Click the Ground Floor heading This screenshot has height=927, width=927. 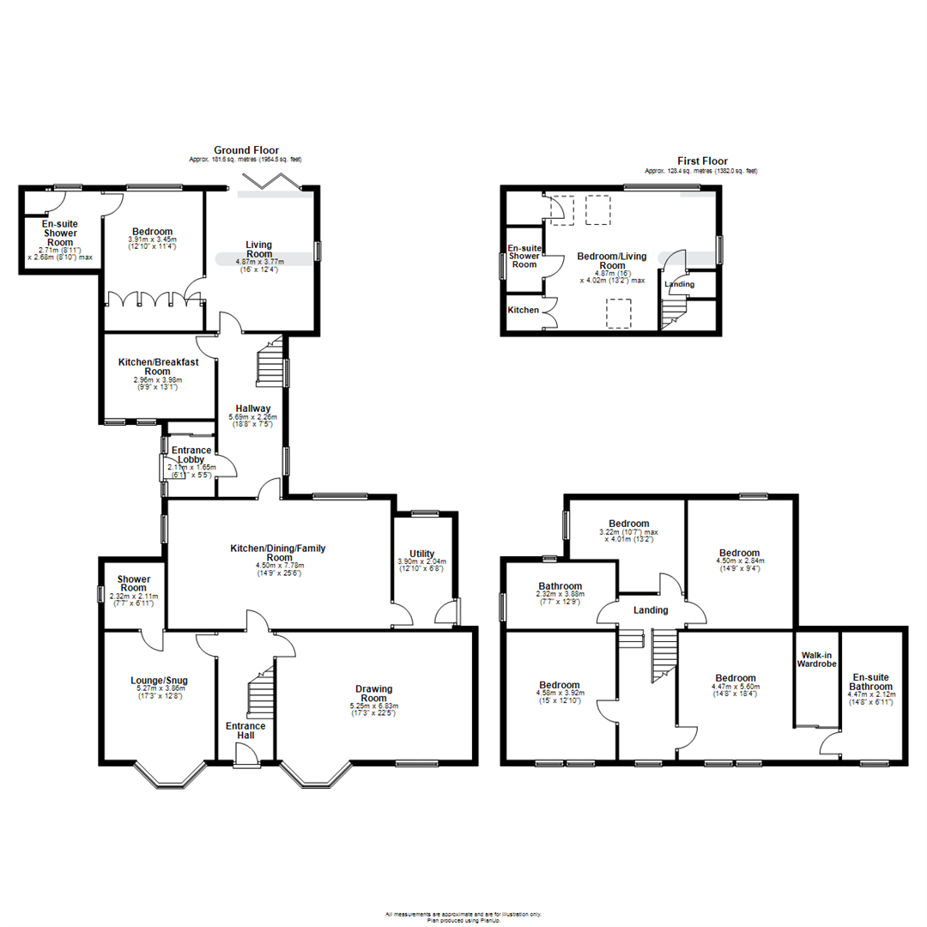coord(247,150)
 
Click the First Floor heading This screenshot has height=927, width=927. coord(703,161)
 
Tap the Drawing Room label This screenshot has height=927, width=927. coord(375,694)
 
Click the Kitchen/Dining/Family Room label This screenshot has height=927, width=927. coord(278,553)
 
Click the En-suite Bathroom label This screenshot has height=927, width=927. coord(871,682)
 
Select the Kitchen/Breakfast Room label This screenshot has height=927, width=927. coord(158,367)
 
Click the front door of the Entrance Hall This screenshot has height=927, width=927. coord(245,754)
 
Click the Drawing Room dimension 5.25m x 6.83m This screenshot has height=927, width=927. coord(375,707)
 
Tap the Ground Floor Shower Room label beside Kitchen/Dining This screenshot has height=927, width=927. coord(134,584)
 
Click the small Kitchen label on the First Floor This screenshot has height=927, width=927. coord(523,310)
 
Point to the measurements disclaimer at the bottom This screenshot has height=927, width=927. coord(463,915)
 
